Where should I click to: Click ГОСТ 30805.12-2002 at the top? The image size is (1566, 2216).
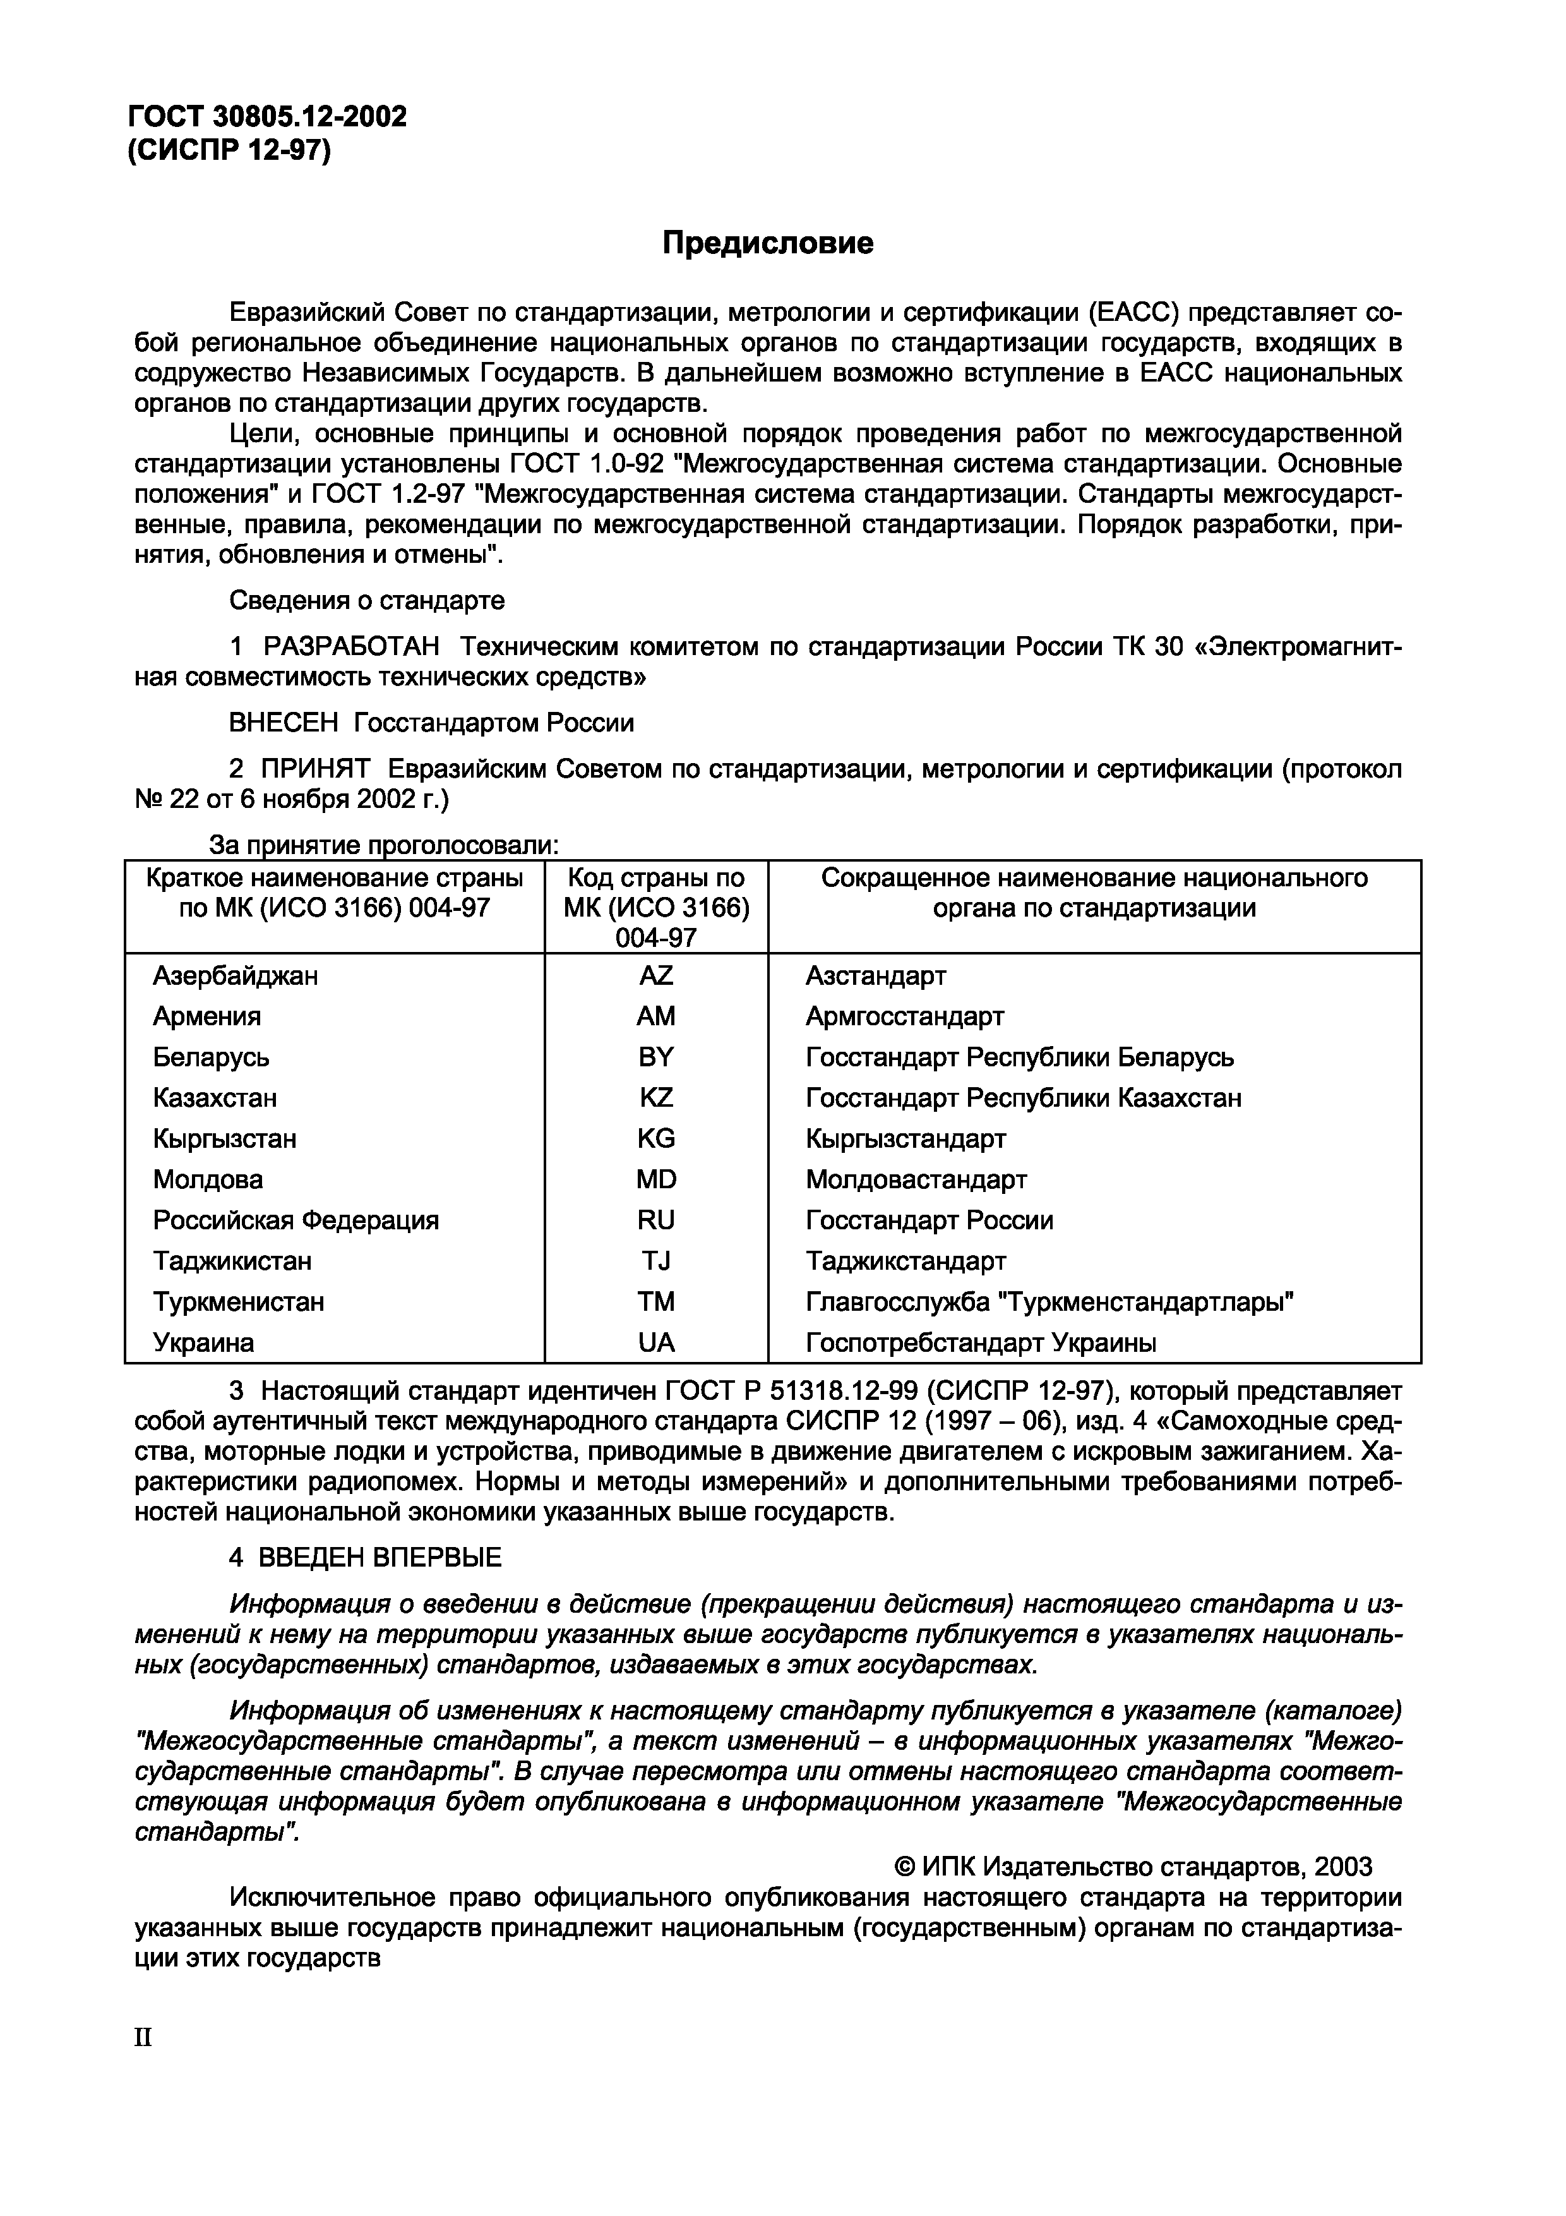click(x=267, y=117)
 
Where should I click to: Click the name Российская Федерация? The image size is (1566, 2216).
click(x=296, y=1220)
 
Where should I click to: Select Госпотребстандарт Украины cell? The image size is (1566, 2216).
click(x=980, y=1342)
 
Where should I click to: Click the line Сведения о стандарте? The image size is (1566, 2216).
click(x=367, y=600)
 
